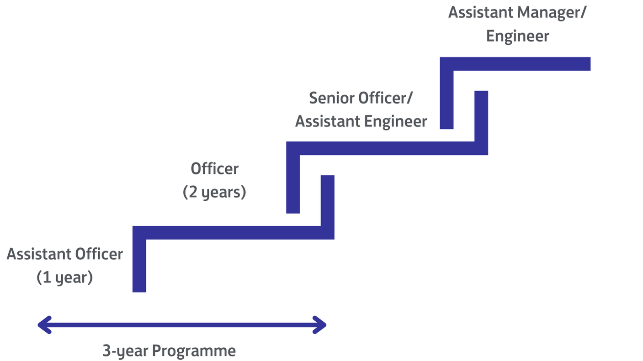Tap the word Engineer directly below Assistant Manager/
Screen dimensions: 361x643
[x=517, y=36]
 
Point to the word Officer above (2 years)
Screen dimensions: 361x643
[x=214, y=169]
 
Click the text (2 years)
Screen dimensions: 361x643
[x=214, y=193]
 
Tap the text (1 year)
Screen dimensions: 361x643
[x=65, y=277]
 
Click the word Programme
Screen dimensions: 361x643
[x=193, y=351]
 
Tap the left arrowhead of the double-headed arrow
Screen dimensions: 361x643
[x=44, y=325]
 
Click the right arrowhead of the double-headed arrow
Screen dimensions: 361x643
[x=320, y=325]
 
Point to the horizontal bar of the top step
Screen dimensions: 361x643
[x=521, y=64]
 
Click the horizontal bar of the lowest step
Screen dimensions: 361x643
[x=233, y=233]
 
